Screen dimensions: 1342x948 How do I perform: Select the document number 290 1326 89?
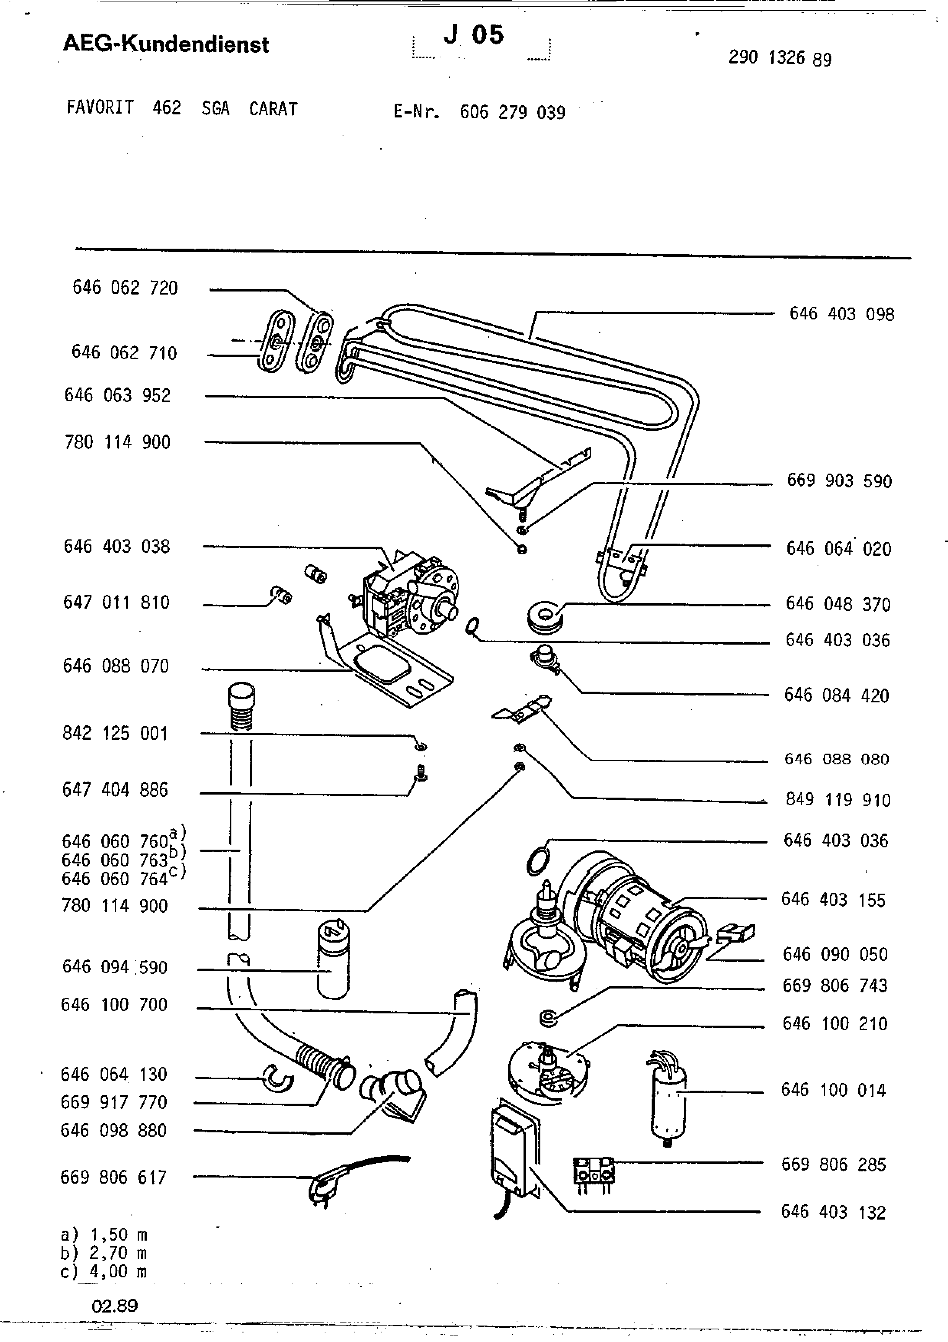[780, 58]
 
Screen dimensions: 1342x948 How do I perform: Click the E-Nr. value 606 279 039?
[512, 112]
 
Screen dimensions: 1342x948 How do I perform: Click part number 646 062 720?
[125, 288]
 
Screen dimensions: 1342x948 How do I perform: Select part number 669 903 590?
[839, 481]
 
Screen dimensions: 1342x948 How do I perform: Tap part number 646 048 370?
[837, 604]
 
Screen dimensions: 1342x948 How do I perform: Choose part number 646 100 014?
[834, 1090]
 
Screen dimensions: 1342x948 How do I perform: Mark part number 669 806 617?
[113, 1177]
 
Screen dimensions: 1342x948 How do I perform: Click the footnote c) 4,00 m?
[104, 1271]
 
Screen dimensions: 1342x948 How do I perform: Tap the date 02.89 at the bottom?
[114, 1306]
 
